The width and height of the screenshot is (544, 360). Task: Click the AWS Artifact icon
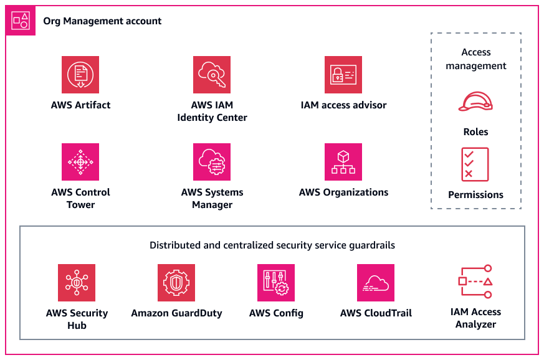coord(80,75)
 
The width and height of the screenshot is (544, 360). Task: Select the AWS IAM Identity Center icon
coord(212,75)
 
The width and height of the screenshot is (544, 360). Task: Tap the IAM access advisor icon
coord(343,75)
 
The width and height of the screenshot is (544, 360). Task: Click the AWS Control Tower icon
coord(80,162)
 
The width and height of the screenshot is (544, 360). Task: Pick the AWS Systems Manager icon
coord(212,162)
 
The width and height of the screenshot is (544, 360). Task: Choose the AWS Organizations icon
coord(343,162)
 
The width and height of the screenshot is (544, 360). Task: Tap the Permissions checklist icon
coord(475,164)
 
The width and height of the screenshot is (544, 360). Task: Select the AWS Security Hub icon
coord(77,283)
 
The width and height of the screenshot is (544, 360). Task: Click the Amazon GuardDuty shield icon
coord(176,283)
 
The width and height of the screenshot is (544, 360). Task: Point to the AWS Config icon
coord(276,283)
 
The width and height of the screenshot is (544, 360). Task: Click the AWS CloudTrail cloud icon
coord(376,283)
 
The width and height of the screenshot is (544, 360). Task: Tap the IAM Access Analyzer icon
coord(475,282)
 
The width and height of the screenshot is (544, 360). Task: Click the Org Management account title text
coord(102,21)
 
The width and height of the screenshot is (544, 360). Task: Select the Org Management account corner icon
coord(21,21)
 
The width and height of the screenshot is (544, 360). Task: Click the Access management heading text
coord(475,59)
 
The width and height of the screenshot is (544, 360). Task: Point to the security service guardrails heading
coord(272,245)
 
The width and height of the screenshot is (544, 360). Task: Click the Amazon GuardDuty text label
coord(176,313)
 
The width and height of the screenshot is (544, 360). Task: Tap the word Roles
coord(475,132)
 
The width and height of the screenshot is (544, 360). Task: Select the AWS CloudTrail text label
coord(376,313)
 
